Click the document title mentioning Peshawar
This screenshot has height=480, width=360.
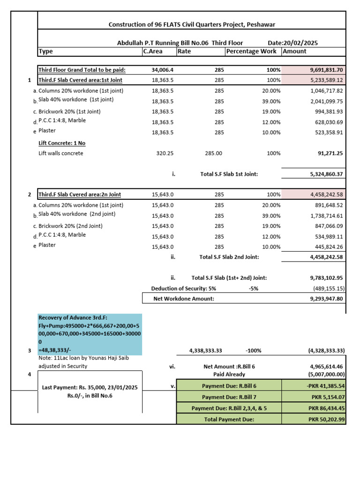click(x=192, y=24)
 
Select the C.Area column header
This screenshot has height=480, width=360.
click(x=153, y=51)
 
